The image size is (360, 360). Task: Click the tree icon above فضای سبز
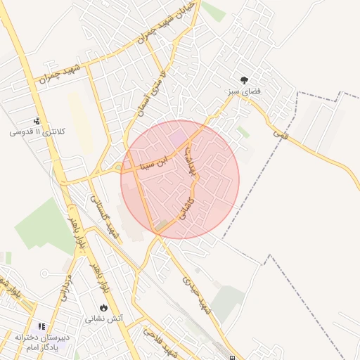point(245,81)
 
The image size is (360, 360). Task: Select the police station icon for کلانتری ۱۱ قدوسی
point(37,121)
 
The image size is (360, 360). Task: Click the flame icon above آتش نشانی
point(104,307)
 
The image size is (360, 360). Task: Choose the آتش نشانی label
point(104,319)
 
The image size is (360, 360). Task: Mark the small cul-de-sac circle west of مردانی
point(44,273)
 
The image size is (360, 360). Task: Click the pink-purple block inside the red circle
point(179,133)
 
